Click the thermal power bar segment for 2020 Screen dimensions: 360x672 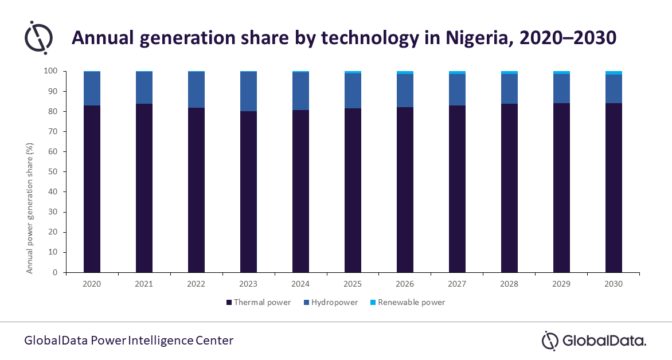click(92, 189)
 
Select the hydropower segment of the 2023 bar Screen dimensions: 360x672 click(249, 92)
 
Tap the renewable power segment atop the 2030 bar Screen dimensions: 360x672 click(614, 73)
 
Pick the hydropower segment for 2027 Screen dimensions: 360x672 click(457, 89)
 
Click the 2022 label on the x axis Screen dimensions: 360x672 click(196, 284)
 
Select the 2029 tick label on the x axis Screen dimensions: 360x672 click(561, 284)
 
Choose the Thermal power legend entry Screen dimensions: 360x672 click(259, 302)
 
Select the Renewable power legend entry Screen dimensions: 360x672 click(411, 302)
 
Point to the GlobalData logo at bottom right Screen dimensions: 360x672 click(593, 341)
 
